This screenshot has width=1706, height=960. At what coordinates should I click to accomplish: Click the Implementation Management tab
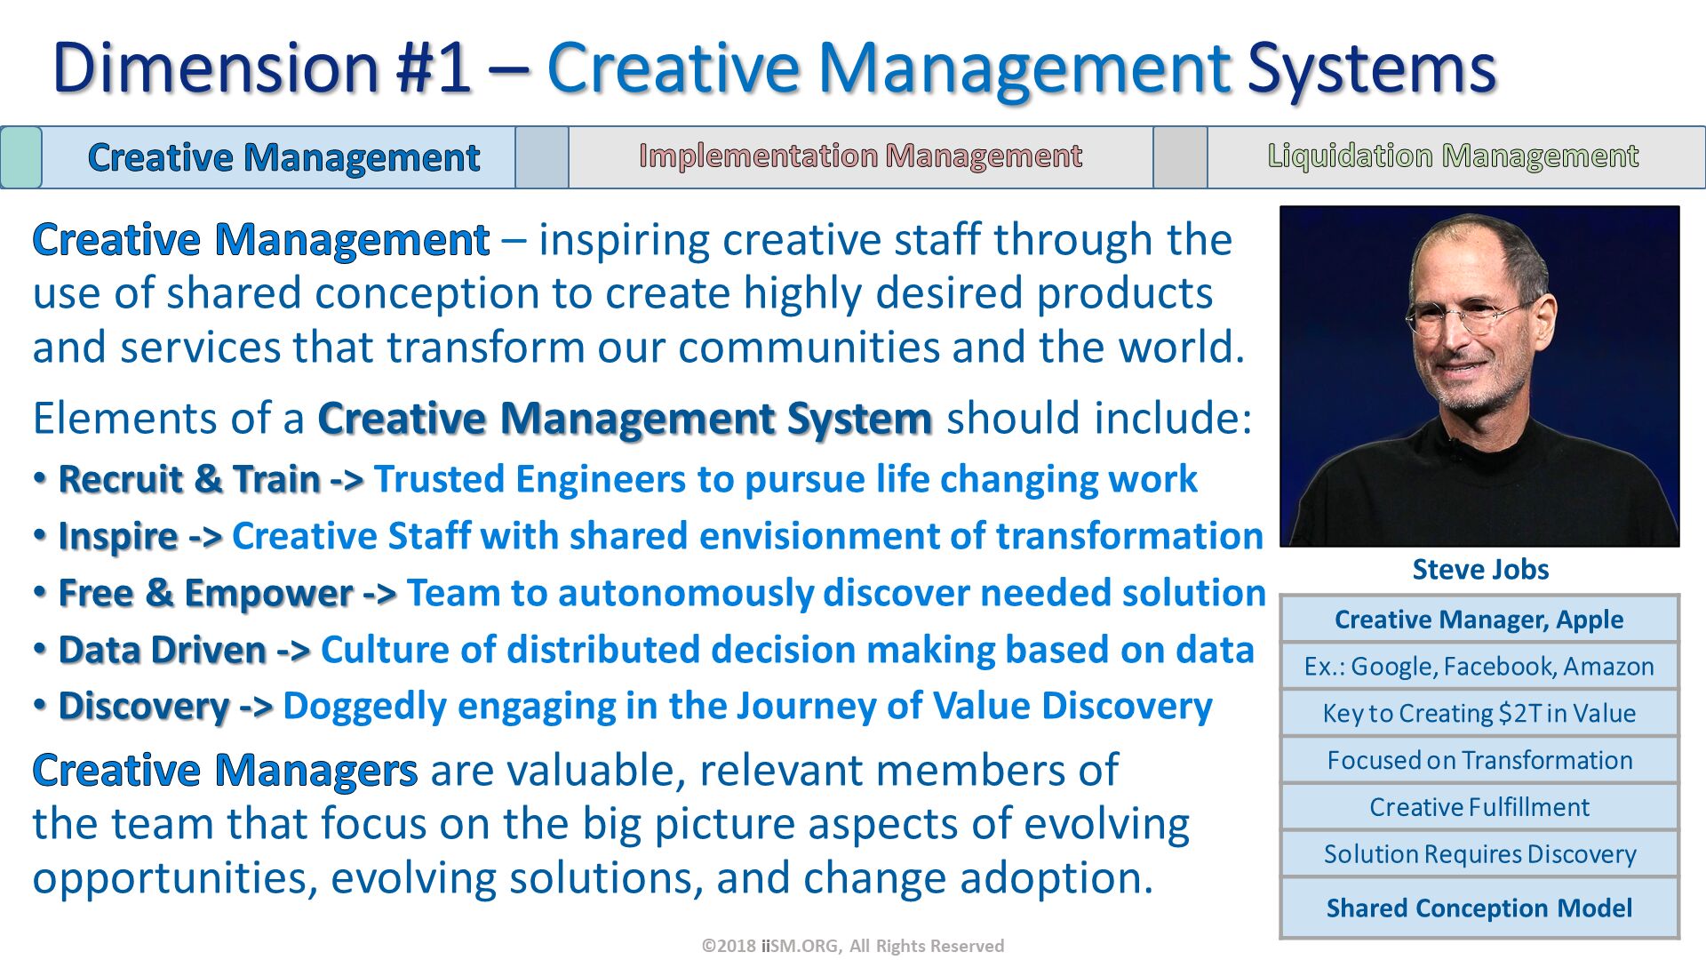click(860, 156)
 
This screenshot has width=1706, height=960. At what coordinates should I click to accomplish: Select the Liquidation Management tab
click(1453, 156)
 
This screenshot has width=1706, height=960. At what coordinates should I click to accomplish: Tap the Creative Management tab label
click(283, 158)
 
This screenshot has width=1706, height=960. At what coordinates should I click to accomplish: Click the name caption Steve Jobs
click(1480, 570)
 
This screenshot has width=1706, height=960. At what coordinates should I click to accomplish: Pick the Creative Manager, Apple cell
click(1479, 620)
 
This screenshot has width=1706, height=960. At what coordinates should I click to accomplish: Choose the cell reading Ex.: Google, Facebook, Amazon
click(1479, 667)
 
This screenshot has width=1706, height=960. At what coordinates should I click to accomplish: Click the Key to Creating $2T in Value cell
click(1479, 714)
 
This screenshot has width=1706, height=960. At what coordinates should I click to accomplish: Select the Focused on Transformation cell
click(1479, 761)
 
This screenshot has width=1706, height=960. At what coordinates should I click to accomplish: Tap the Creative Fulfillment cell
click(1479, 807)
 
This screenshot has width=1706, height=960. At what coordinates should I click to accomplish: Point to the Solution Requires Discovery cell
click(1479, 854)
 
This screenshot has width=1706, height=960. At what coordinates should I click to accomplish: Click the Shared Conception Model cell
click(1479, 908)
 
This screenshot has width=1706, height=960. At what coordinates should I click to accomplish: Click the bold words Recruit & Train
click(189, 480)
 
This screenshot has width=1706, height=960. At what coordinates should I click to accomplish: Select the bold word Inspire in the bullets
click(118, 537)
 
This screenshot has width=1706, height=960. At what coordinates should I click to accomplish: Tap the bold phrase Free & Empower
click(205, 594)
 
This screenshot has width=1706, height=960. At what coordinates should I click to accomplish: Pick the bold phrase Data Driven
click(162, 651)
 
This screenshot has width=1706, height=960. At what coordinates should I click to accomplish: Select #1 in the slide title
click(434, 68)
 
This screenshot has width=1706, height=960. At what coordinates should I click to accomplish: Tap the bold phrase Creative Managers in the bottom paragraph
click(225, 771)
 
